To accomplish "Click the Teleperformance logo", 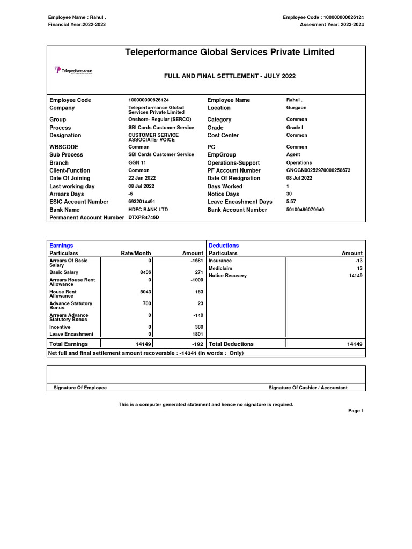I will point(73,71).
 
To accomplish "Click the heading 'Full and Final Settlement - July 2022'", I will point(230,76).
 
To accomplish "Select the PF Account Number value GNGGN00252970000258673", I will point(318,170).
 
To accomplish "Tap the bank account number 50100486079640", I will point(305,210).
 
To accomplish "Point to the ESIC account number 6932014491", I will point(142,202).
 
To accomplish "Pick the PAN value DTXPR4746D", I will point(144,217).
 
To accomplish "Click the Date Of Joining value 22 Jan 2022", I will point(142,178).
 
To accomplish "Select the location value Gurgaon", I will point(296,108).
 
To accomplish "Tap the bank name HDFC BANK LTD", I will point(148,210).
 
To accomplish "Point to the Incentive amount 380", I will point(198,327).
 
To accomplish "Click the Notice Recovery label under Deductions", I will point(227,276).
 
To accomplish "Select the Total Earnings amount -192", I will point(196,344).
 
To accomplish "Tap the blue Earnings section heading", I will point(61,246).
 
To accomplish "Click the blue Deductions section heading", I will point(224,246).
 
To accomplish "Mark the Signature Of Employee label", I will point(80,388).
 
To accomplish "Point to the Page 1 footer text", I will point(356,411).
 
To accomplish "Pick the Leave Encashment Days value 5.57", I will point(292,202).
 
